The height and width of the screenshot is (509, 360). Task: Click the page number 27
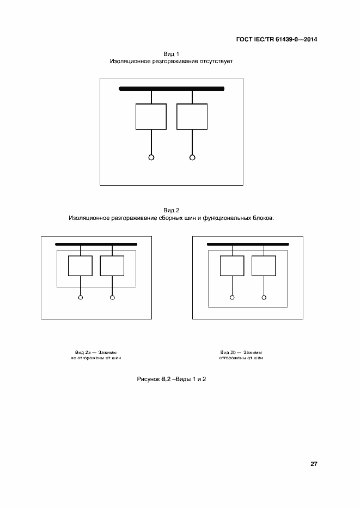coord(314,464)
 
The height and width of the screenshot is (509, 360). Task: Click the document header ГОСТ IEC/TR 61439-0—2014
coord(276,40)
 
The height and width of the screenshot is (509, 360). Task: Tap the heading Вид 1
coord(172,54)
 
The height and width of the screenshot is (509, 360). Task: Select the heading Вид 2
coord(172,210)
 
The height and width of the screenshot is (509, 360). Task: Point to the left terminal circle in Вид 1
coord(151,158)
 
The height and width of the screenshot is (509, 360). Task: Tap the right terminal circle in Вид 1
coord(192,158)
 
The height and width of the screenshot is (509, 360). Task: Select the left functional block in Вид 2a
coord(80,265)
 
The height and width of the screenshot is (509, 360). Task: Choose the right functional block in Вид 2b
coord(264,265)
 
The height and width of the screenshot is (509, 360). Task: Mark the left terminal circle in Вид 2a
coord(81,298)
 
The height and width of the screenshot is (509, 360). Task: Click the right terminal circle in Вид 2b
coord(264,298)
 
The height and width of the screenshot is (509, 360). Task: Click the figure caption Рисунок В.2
coord(154,378)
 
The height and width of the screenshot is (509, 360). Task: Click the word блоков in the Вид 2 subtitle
coord(261,218)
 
